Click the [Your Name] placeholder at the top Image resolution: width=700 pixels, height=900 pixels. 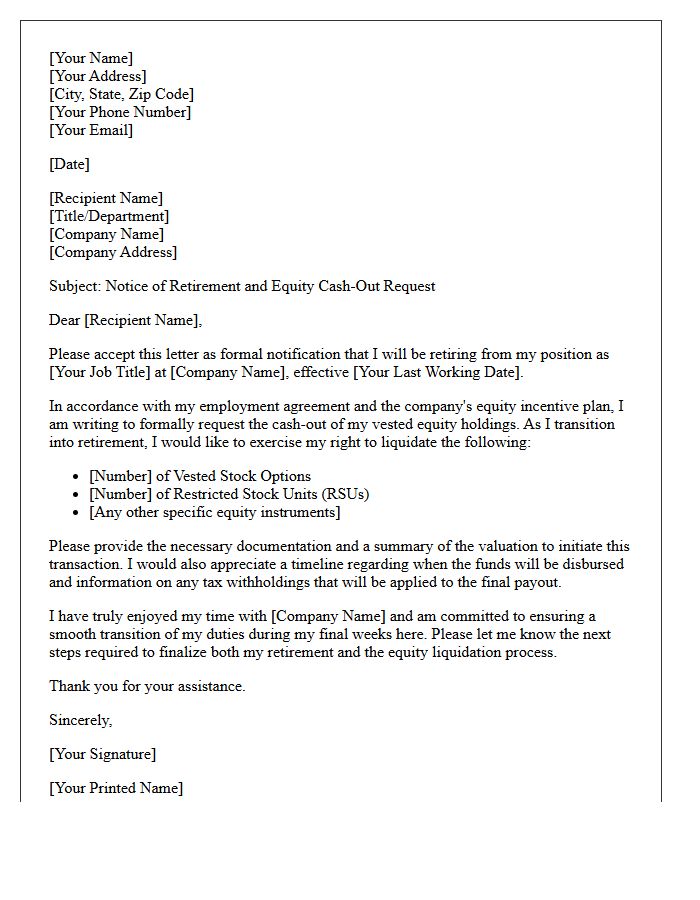(x=91, y=58)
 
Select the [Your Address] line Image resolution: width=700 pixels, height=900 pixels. (x=98, y=76)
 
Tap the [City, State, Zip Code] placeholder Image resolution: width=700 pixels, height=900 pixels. (x=121, y=94)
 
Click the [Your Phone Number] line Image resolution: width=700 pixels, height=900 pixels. (x=120, y=112)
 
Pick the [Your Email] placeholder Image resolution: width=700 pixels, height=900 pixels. (x=91, y=130)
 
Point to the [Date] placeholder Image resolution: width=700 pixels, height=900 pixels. (x=69, y=164)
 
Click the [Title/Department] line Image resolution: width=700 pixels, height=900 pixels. (x=109, y=216)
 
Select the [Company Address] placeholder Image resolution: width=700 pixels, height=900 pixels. (x=113, y=252)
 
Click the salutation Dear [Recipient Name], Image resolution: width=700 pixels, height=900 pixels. (x=126, y=320)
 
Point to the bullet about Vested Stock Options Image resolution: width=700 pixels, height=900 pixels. (x=200, y=476)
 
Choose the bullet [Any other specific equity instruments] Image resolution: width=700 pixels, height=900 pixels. (x=215, y=512)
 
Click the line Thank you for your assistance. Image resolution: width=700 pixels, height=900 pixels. (x=147, y=686)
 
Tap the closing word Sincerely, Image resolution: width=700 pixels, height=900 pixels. (x=81, y=720)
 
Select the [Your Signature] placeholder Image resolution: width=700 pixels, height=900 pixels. (x=103, y=754)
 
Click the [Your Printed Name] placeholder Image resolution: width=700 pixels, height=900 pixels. (x=116, y=788)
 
